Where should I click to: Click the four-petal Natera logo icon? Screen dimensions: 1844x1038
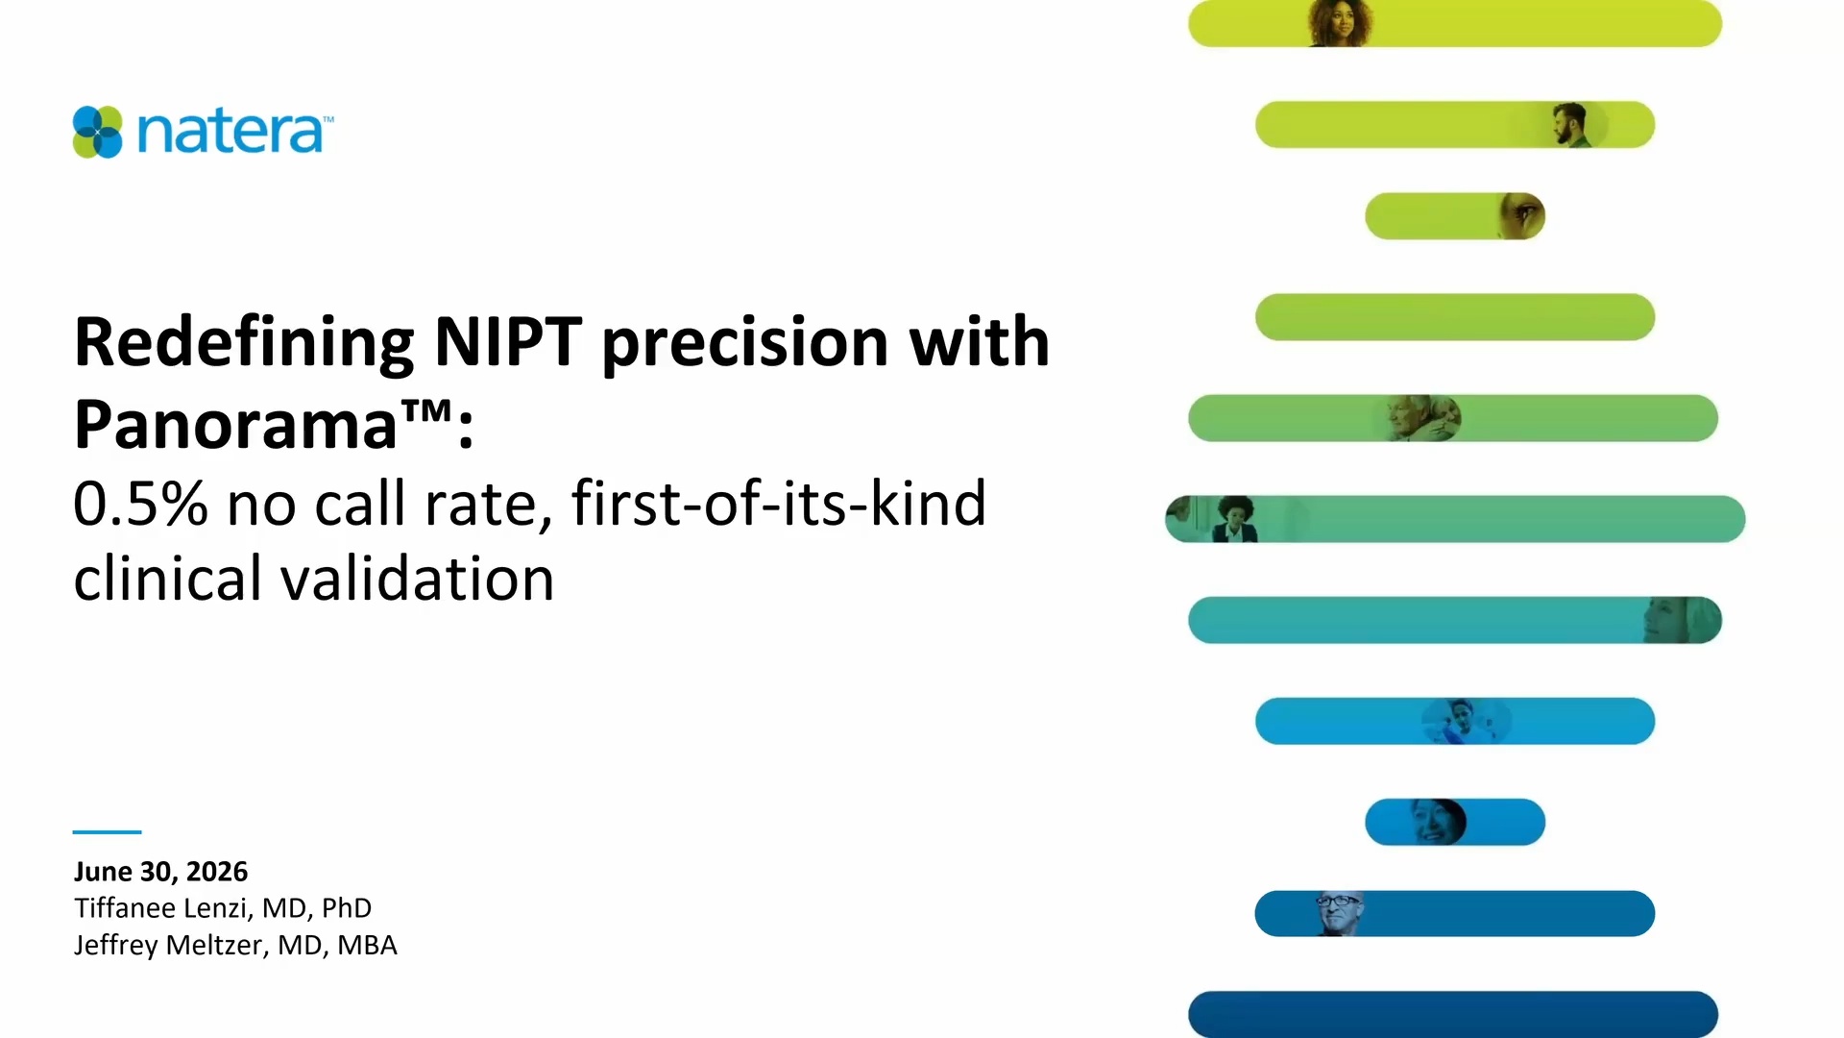click(98, 132)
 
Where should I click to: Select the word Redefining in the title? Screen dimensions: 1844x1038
click(244, 344)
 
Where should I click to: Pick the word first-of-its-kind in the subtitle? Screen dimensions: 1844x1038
click(779, 503)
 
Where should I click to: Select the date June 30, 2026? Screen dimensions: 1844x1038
click(160, 872)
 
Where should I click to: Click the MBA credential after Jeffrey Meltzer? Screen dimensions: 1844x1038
click(367, 946)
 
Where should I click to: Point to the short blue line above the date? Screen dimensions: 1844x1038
click(107, 831)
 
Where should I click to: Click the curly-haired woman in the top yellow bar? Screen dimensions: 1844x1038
click(1340, 23)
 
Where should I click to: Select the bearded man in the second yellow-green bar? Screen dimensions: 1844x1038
click(1570, 125)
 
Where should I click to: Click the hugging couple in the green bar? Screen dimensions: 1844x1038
click(1423, 418)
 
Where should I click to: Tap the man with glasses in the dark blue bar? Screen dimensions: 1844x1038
click(1339, 913)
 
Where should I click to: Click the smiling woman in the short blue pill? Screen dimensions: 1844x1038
click(1436, 822)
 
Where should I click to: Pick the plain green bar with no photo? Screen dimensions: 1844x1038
click(1455, 317)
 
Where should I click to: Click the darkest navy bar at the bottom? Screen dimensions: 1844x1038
click(1453, 1014)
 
